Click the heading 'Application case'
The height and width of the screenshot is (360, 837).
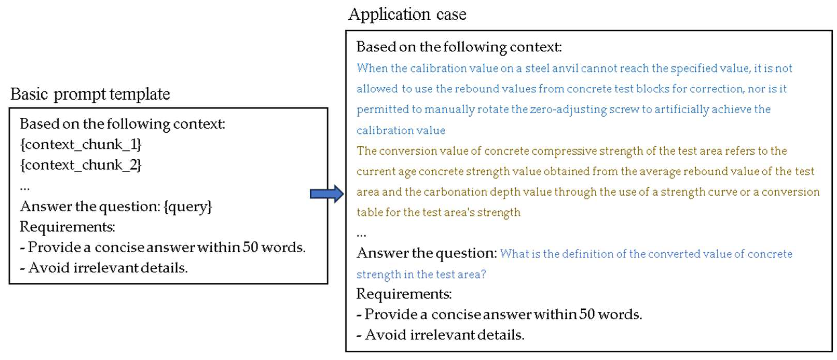coord(407,15)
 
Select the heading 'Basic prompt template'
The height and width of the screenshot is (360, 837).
coord(90,94)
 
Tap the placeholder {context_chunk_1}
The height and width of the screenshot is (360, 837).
coord(81,144)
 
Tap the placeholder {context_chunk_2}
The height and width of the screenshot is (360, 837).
coord(81,165)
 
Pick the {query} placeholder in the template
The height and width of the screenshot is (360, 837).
coord(188,207)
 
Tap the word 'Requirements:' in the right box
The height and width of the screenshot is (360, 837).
coord(404,294)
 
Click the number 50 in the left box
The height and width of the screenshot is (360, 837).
coord(250,248)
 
